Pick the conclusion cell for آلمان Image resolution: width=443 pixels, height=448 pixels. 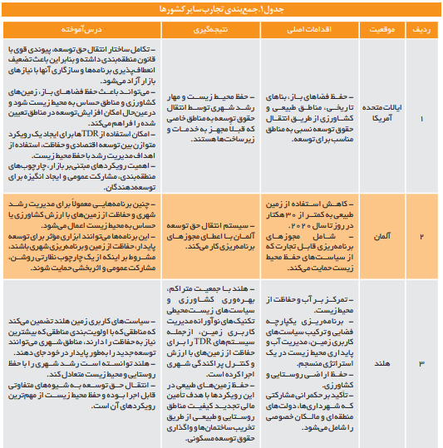(x=207, y=237)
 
